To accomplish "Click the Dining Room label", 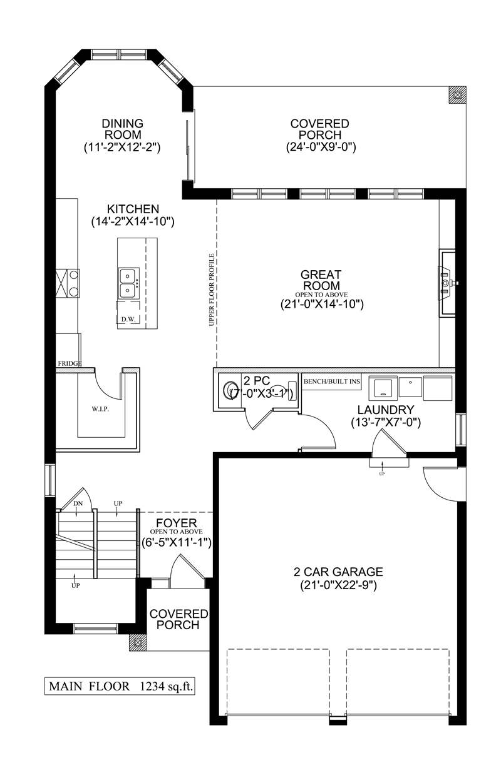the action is [123, 129].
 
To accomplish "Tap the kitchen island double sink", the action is [128, 283].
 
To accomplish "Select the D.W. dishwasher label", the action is [128, 320].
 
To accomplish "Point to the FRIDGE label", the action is [70, 363].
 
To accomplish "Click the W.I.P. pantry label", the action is [101, 409].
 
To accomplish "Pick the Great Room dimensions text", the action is [322, 305].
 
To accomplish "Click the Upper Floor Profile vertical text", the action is [212, 290].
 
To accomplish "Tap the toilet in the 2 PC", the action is [229, 390].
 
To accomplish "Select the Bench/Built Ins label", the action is [332, 381].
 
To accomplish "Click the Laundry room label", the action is [386, 410].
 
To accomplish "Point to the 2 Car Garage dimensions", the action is [338, 585].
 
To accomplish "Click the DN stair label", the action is [78, 503].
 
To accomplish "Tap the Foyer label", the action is [176, 523].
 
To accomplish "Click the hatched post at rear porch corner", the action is [457, 94].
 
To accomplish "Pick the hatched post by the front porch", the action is [138, 642].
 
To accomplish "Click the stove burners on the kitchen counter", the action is [74, 283].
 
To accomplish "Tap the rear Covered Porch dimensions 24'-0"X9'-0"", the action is [321, 148].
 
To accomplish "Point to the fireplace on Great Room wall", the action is [448, 283].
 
